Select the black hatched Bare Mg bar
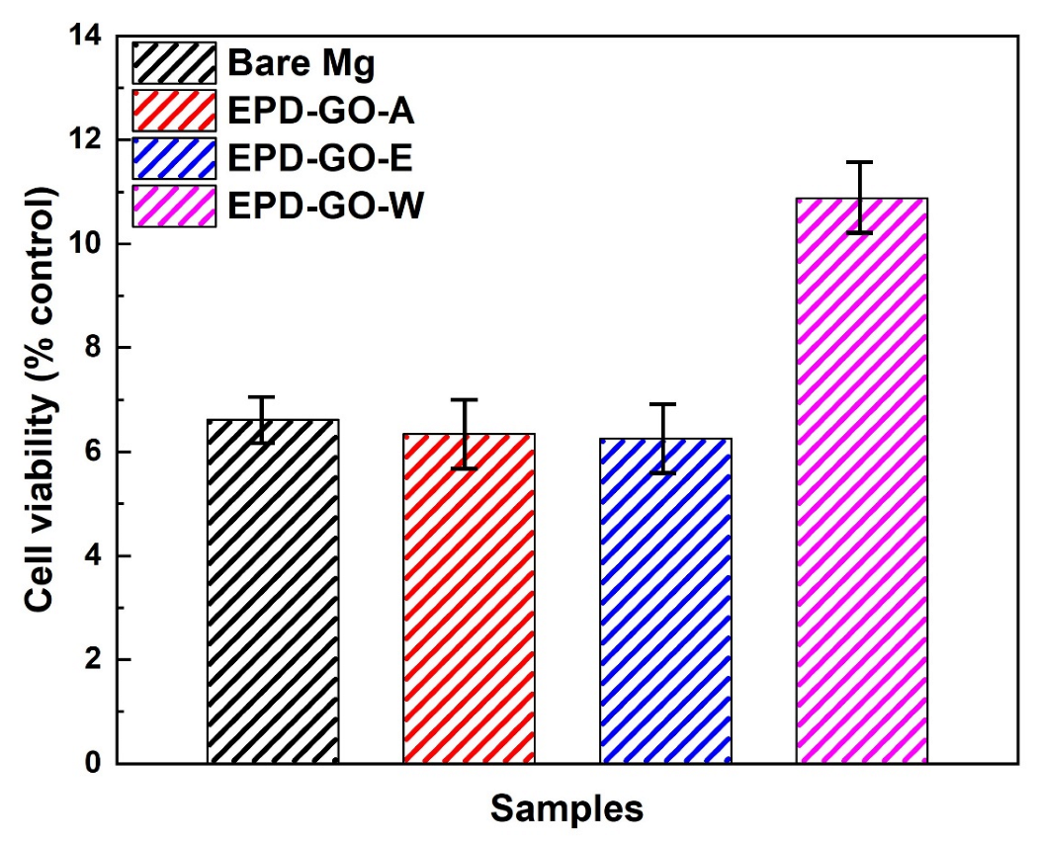273,593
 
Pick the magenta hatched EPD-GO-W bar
861,484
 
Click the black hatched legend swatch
174,63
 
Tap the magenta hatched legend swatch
174,206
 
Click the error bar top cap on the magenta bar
861,162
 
